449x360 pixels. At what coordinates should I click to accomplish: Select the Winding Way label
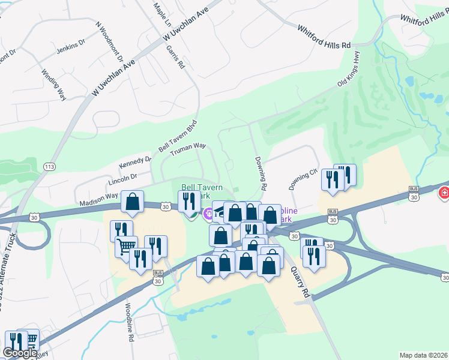pyautogui.click(x=53, y=83)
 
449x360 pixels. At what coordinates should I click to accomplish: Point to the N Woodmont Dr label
pyautogui.click(x=109, y=43)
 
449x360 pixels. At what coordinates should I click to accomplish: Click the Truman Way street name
pyautogui.click(x=188, y=149)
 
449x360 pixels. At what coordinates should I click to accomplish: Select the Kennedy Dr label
pyautogui.click(x=135, y=163)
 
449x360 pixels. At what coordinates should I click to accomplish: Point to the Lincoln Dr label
pyautogui.click(x=122, y=178)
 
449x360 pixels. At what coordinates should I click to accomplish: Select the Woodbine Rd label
pyautogui.click(x=129, y=322)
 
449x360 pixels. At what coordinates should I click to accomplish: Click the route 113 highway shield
pyautogui.click(x=50, y=166)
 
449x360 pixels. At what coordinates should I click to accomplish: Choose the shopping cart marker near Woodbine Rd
pyautogui.click(x=126, y=245)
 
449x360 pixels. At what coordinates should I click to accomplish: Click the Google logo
pyautogui.click(x=20, y=353)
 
